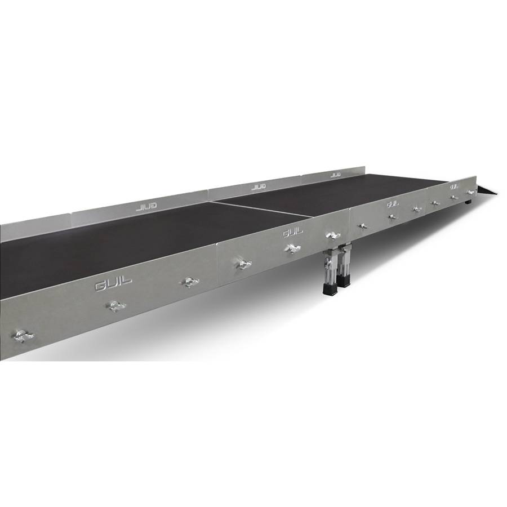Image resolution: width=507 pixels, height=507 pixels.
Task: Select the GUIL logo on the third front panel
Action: point(393,203)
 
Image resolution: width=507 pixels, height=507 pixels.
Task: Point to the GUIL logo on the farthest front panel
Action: point(454,186)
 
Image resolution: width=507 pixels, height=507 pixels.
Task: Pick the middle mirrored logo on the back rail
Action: point(259,186)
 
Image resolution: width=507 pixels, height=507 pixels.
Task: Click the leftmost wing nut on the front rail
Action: point(22,336)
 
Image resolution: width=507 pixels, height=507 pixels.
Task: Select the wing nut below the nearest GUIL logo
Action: point(115,306)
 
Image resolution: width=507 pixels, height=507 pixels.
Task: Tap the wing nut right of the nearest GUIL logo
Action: point(190,281)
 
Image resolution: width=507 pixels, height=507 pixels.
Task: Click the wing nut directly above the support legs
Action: point(332,234)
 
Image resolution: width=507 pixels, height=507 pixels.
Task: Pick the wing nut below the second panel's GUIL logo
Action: point(292,248)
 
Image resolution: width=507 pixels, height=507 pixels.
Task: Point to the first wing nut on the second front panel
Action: point(243,264)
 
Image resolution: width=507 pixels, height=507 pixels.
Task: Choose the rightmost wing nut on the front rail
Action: point(470,193)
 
